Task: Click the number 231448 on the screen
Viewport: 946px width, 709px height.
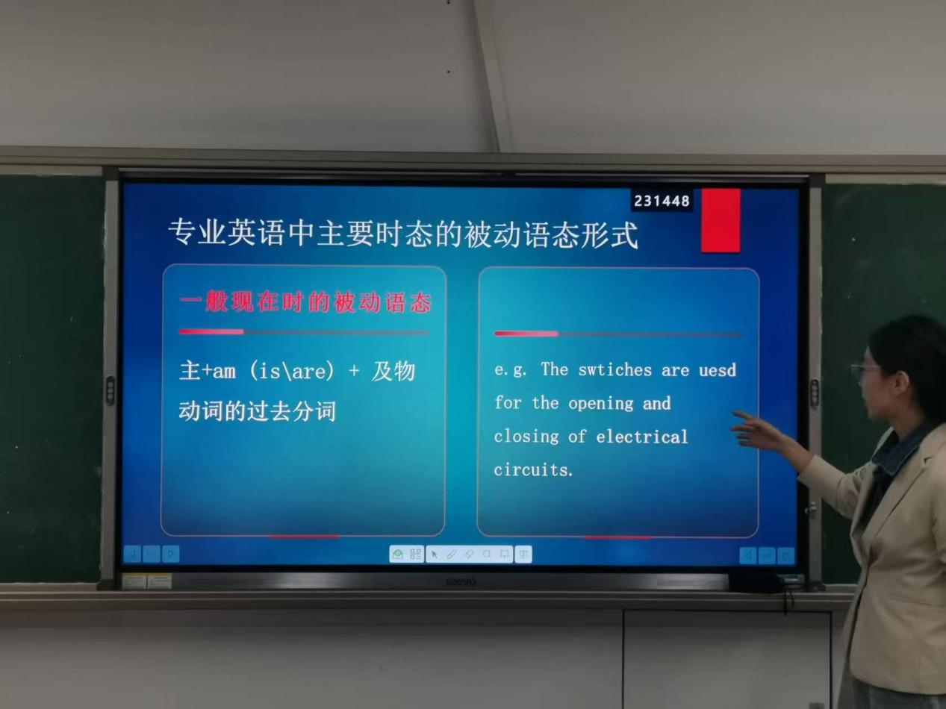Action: click(x=662, y=201)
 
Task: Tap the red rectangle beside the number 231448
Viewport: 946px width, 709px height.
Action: click(x=721, y=220)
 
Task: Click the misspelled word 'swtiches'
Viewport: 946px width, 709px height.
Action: click(x=614, y=370)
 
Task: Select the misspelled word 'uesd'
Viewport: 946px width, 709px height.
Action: click(x=718, y=370)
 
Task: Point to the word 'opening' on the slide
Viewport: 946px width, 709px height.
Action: click(x=601, y=404)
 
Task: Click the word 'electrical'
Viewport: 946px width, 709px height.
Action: click(x=642, y=437)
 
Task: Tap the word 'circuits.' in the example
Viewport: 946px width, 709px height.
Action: click(x=534, y=469)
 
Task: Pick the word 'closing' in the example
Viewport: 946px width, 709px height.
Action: click(x=526, y=437)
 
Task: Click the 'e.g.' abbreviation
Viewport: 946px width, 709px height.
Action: click(x=510, y=370)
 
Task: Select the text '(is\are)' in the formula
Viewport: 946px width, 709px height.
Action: click(x=292, y=372)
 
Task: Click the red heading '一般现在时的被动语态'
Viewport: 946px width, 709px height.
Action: click(x=305, y=302)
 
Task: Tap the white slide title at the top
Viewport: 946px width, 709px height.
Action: click(x=403, y=234)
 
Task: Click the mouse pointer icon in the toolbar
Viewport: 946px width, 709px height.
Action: click(x=435, y=555)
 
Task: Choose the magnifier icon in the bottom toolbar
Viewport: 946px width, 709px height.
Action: click(x=487, y=554)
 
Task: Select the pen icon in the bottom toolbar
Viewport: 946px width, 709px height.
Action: click(x=452, y=555)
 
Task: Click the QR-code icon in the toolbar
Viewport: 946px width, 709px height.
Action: click(x=415, y=554)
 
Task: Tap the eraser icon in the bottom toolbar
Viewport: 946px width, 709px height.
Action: click(x=470, y=555)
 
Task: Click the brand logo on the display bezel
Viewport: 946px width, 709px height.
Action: click(x=461, y=582)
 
